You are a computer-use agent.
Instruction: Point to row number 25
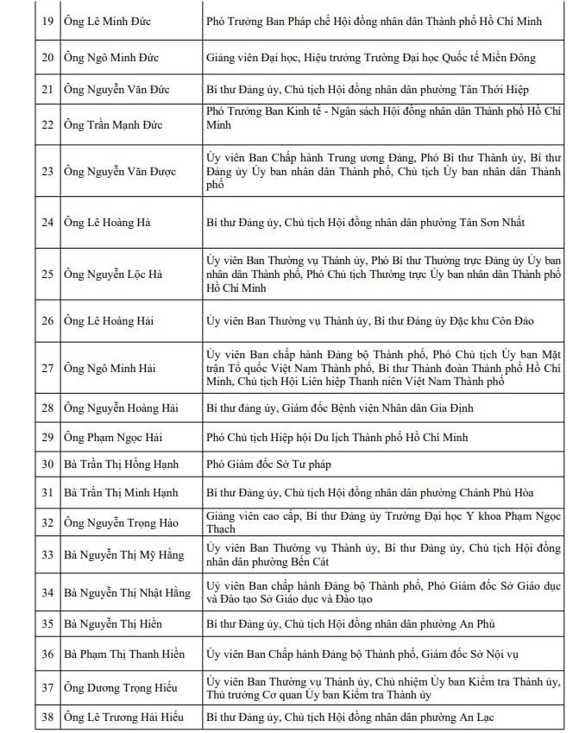[x=47, y=275]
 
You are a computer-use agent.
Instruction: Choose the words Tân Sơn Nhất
[x=489, y=223]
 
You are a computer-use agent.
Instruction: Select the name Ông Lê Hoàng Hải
[x=109, y=321]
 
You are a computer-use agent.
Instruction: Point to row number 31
[x=47, y=493]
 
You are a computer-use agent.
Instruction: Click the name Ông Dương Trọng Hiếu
[x=120, y=687]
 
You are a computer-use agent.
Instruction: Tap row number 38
[x=47, y=717]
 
